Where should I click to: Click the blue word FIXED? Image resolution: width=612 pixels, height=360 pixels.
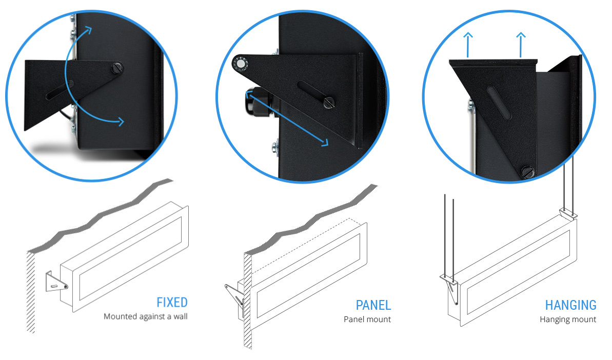point(172,302)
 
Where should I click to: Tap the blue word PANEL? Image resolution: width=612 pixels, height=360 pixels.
point(373,305)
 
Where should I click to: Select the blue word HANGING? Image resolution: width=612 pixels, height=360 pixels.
point(570,305)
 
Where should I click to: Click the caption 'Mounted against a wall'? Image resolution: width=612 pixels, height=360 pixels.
point(146,316)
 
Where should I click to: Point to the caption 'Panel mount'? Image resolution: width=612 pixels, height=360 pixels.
point(367,319)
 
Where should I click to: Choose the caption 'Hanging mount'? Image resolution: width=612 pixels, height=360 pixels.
point(568,319)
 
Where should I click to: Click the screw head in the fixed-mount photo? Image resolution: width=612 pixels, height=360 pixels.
point(117,68)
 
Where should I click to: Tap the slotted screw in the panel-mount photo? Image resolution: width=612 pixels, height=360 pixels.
point(329,103)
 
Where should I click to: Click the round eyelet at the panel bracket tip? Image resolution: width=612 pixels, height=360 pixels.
point(240,64)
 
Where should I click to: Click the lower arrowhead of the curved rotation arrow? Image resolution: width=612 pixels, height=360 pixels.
point(121,122)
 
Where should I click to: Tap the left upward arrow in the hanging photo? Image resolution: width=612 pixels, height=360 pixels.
point(467,45)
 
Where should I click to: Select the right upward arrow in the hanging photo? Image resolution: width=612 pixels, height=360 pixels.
point(521,45)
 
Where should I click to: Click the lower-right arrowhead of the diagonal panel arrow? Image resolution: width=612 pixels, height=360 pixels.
point(325,143)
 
